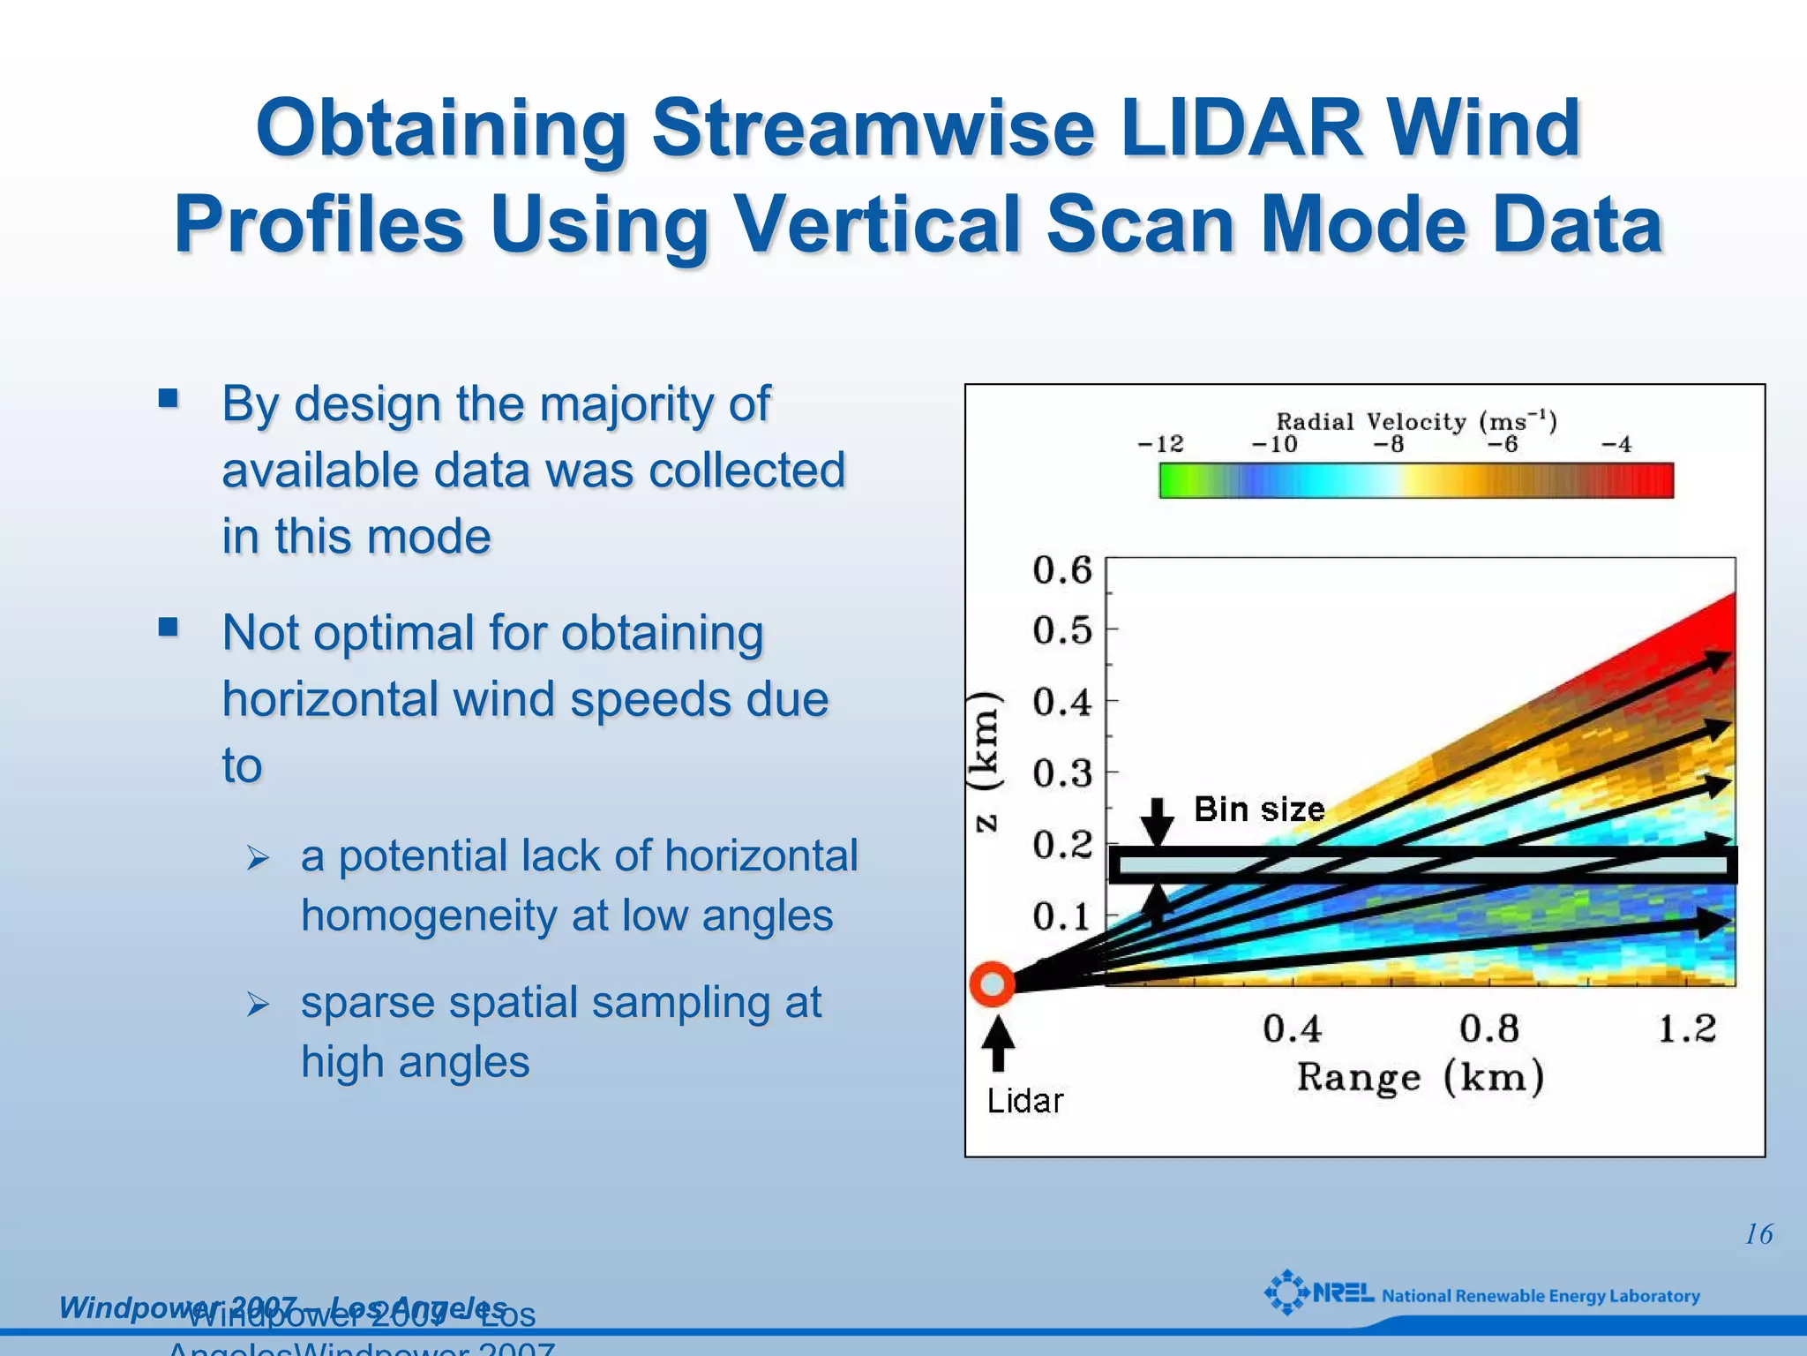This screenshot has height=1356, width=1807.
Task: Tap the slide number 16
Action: tap(1758, 1234)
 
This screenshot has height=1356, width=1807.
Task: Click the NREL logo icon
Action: tap(1286, 1293)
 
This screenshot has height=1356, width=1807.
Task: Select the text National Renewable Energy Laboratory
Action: tap(1541, 1296)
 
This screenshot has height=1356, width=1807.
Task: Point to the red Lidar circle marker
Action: tap(992, 983)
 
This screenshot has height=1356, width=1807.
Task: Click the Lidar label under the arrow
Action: tap(1024, 1101)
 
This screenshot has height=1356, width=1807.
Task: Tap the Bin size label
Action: tap(1259, 810)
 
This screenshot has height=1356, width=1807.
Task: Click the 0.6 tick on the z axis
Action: tap(1062, 570)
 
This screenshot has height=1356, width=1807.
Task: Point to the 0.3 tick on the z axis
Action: tap(1062, 773)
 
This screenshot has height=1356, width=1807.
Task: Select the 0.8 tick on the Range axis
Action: tap(1488, 1028)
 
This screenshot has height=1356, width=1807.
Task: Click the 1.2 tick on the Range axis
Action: tap(1686, 1028)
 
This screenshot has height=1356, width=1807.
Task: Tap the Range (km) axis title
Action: tap(1420, 1078)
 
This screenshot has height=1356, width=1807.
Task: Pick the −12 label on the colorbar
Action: tap(1160, 444)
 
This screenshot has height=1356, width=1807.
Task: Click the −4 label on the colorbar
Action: tap(1616, 444)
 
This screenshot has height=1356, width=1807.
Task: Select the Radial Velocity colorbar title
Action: tap(1416, 421)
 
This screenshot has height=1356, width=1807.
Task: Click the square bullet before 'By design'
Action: tap(169, 398)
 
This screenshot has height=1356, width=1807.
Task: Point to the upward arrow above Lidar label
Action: tap(998, 1043)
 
